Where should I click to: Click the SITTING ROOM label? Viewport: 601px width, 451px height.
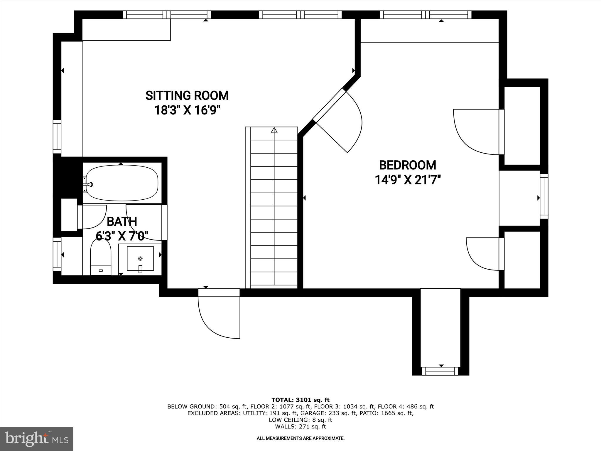pos(187,96)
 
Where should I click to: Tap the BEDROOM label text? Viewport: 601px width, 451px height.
pos(408,165)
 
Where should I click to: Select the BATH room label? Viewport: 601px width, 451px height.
pos(122,222)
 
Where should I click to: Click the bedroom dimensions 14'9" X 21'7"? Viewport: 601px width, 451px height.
pos(408,180)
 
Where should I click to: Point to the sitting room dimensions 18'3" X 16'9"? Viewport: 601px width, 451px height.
pos(187,111)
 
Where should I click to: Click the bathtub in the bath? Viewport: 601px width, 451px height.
pos(122,183)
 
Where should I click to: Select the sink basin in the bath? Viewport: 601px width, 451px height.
pos(140,258)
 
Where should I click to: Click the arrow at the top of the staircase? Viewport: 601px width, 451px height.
pos(274,130)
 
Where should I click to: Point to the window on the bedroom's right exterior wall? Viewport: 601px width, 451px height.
pos(544,196)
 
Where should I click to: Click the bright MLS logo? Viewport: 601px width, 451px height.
pos(37,438)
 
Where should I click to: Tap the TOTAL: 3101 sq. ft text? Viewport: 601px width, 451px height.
pos(300,400)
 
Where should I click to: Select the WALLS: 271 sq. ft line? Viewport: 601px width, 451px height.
pos(300,427)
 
